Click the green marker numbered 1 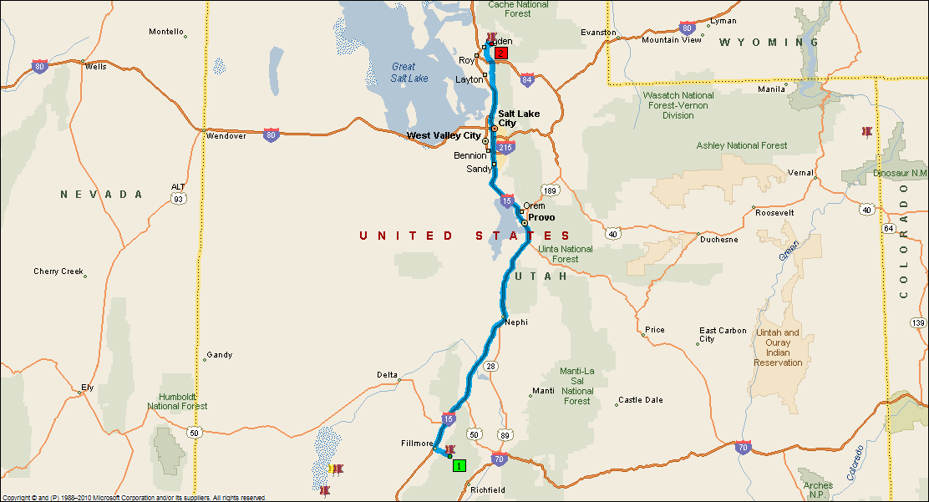pyautogui.click(x=459, y=465)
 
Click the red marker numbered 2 pyautogui.click(x=501, y=53)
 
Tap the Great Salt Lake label pyautogui.click(x=409, y=73)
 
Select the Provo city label pyautogui.click(x=541, y=217)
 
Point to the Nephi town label pyautogui.click(x=516, y=322)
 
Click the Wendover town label pyautogui.click(x=226, y=135)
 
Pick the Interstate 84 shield pyautogui.click(x=526, y=80)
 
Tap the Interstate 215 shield pyautogui.click(x=505, y=148)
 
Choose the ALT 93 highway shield pyautogui.click(x=178, y=194)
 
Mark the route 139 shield pyautogui.click(x=919, y=322)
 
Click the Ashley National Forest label pyautogui.click(x=742, y=145)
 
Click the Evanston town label pyautogui.click(x=599, y=33)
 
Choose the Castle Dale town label pyautogui.click(x=641, y=400)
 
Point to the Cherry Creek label pyautogui.click(x=58, y=271)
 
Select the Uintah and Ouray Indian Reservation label pyautogui.click(x=778, y=347)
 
